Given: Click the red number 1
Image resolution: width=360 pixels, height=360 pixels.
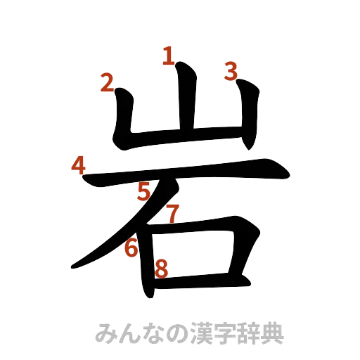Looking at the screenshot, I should click(x=168, y=55).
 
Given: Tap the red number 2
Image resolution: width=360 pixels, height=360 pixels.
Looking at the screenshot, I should click(x=107, y=84).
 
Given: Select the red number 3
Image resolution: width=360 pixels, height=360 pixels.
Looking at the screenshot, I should click(x=231, y=70).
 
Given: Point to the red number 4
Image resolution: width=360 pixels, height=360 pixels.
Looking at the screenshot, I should click(x=79, y=167).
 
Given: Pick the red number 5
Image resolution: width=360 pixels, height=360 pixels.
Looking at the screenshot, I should click(x=144, y=191).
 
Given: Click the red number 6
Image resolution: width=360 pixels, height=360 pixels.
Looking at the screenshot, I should click(x=131, y=247).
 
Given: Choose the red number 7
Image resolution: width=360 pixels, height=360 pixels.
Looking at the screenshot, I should click(x=173, y=214).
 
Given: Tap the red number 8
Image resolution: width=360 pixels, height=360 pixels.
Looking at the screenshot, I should click(x=161, y=268).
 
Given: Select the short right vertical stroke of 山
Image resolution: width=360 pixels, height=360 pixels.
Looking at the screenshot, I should click(x=250, y=116).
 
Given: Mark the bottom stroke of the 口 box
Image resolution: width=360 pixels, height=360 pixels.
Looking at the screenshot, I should click(x=197, y=281).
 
